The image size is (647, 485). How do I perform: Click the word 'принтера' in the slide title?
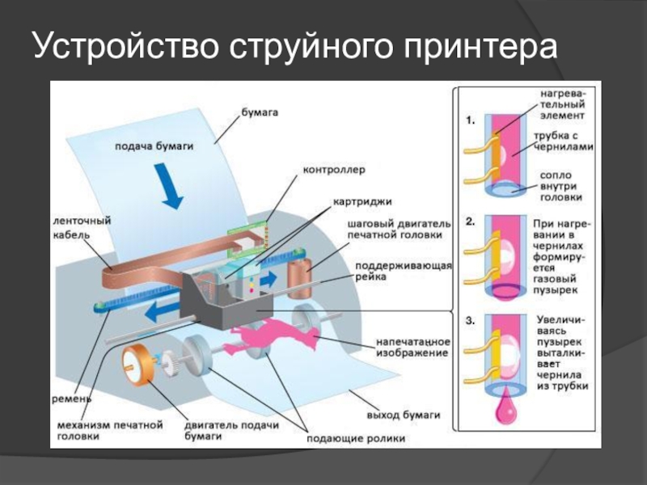click(480, 46)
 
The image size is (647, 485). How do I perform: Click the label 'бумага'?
click(260, 112)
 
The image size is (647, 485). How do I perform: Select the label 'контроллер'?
click(334, 170)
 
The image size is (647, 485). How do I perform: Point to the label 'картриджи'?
click(362, 202)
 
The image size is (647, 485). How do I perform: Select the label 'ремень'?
click(71, 399)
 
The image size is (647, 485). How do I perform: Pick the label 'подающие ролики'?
click(356, 438)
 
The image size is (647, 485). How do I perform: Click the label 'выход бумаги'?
click(404, 415)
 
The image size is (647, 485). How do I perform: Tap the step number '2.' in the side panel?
click(471, 221)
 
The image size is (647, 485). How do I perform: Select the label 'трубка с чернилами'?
click(564, 141)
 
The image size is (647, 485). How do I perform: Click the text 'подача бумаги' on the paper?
click(154, 146)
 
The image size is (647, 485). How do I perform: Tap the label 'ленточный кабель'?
click(82, 228)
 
